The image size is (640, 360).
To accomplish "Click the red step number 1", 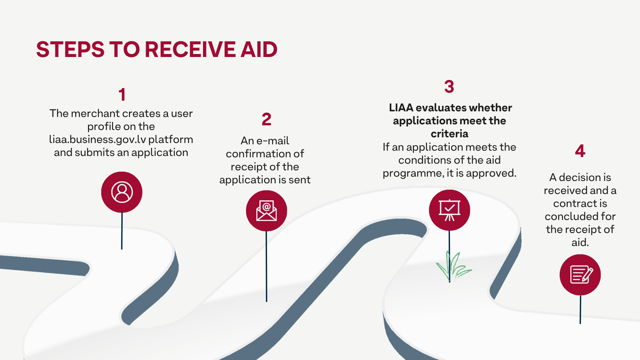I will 122,95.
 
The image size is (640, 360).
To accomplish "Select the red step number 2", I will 266,119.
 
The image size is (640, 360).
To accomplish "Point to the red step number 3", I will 449,87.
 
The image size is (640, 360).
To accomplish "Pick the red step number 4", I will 580,151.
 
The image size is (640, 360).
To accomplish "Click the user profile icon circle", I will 122,192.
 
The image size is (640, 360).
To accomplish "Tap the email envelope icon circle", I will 266,211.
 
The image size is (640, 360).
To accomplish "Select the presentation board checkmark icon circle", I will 449,210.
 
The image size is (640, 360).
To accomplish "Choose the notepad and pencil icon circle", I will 580,275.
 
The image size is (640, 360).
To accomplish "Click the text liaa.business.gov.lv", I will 97,139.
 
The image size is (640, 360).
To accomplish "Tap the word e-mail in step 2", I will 273,141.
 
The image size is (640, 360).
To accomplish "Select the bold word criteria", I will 449,134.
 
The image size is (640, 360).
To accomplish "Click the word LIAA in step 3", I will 401,108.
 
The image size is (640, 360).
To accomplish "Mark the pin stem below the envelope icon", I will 266,267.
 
